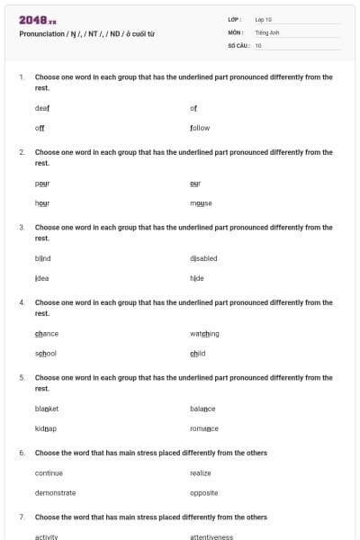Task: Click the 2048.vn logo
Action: [37, 19]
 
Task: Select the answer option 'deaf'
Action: [42, 108]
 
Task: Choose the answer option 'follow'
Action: [200, 128]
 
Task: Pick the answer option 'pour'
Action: [42, 183]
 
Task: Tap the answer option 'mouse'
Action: [201, 203]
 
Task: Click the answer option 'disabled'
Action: [203, 258]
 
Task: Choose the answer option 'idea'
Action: [42, 278]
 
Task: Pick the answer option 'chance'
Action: [47, 334]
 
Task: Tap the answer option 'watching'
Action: [204, 334]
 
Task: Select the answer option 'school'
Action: [46, 354]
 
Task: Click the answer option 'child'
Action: [198, 354]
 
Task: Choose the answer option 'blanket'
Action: [47, 409]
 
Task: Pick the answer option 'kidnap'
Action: [46, 428]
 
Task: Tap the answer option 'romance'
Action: [204, 428]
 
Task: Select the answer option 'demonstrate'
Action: [55, 492]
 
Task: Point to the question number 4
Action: [22, 302]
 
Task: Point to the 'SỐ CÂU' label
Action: [238, 44]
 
